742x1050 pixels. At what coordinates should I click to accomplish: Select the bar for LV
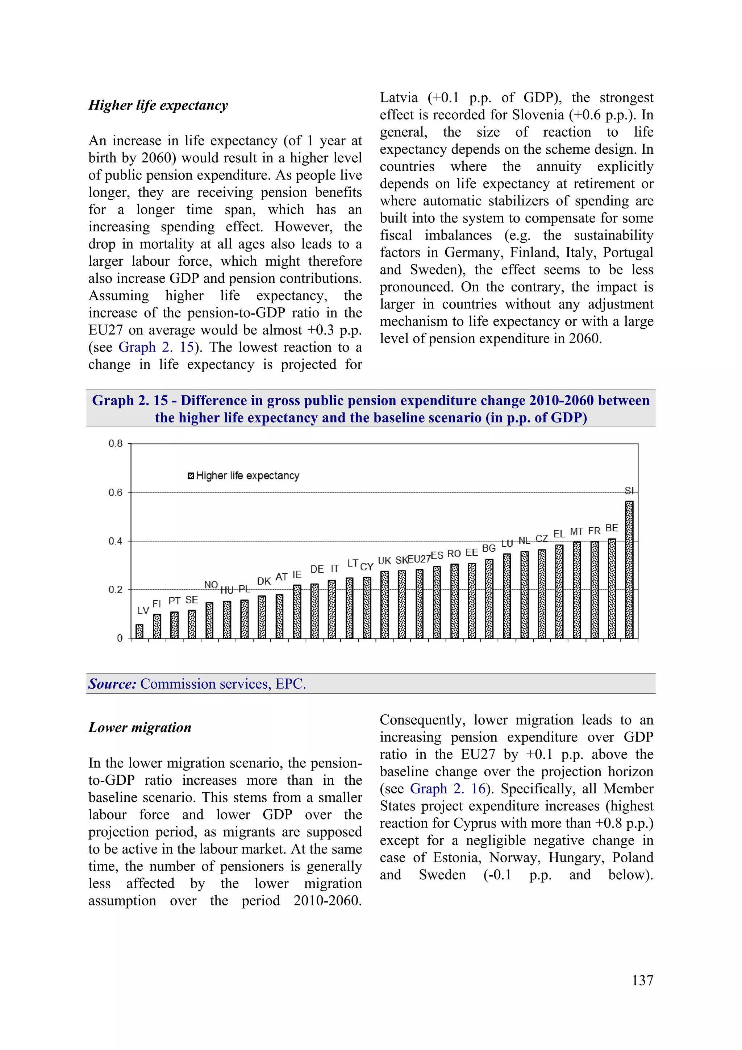pyautogui.click(x=139, y=631)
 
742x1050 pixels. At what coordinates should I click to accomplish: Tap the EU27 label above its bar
pyautogui.click(x=419, y=559)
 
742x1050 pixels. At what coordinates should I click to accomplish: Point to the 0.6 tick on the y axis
pyautogui.click(x=115, y=493)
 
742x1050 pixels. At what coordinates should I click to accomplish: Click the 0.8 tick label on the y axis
pyautogui.click(x=115, y=444)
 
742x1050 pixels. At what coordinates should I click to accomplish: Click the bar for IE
pyautogui.click(x=297, y=611)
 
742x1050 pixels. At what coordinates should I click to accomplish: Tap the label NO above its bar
pyautogui.click(x=211, y=585)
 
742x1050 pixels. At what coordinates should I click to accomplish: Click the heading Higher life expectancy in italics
pyautogui.click(x=158, y=105)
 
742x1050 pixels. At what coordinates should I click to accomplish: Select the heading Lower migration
pyautogui.click(x=140, y=727)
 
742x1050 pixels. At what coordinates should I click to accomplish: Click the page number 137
pyautogui.click(x=642, y=980)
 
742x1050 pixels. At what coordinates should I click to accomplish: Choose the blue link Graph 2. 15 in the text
pyautogui.click(x=156, y=347)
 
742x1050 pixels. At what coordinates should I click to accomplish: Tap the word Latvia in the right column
pyautogui.click(x=399, y=97)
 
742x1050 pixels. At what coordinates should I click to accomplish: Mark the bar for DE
pyautogui.click(x=314, y=611)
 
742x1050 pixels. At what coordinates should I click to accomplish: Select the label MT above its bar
pyautogui.click(x=576, y=532)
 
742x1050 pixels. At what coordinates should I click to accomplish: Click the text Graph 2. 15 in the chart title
pyautogui.click(x=130, y=401)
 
